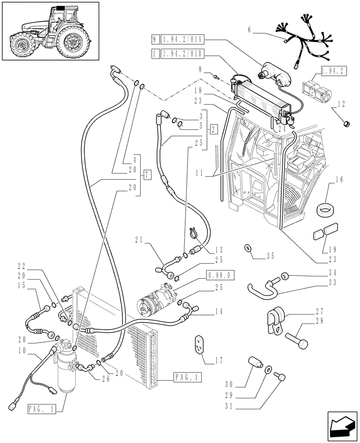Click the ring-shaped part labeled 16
(327, 207)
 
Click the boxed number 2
(214, 129)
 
